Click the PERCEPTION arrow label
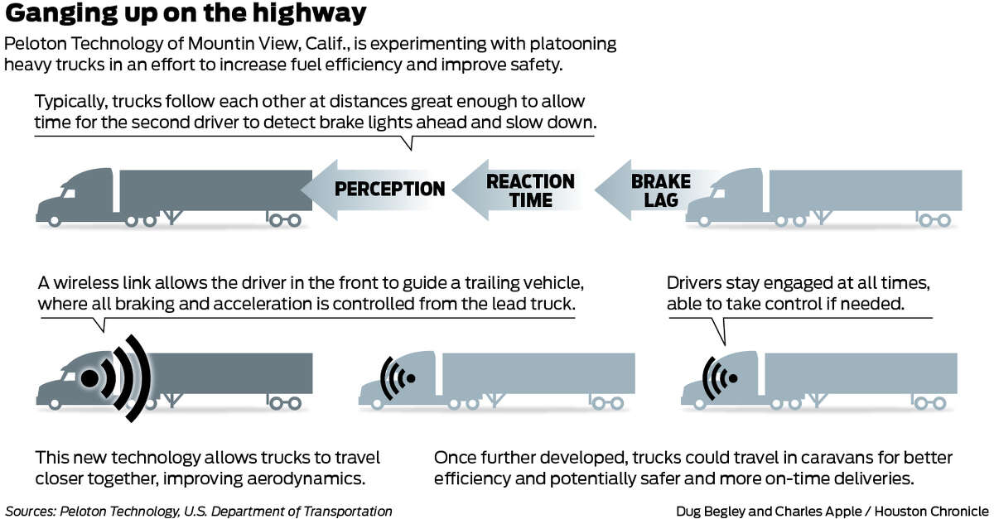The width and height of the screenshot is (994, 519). tap(389, 189)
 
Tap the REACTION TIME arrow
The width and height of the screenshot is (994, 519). tap(517, 190)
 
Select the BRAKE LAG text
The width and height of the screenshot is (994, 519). tap(661, 190)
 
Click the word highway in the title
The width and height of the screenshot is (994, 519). tap(309, 14)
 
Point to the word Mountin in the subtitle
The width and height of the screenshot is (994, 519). tap(216, 44)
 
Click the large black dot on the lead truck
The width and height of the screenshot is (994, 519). tap(89, 378)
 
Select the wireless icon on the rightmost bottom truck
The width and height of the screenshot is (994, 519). tap(720, 378)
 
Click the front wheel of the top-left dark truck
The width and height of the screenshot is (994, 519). tap(55, 220)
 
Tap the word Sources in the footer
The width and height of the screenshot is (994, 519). tap(31, 511)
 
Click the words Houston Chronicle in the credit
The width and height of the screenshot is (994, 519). tap(931, 511)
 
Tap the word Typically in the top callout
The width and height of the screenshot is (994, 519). tap(70, 102)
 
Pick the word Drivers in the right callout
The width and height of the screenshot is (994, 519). tap(693, 282)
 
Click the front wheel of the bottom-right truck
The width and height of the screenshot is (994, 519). tap(699, 404)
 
